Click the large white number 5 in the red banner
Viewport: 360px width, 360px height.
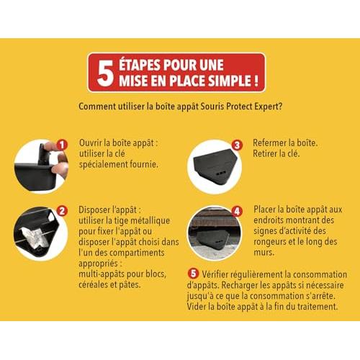click(105, 73)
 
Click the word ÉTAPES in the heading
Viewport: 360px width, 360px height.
click(139, 65)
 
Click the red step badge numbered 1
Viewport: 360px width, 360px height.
click(62, 145)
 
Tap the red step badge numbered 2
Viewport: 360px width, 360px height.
click(62, 211)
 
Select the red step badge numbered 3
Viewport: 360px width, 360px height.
click(237, 145)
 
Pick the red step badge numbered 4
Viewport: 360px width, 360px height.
click(237, 211)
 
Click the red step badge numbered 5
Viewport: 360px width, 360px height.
click(193, 274)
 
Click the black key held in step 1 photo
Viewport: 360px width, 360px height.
click(43, 153)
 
